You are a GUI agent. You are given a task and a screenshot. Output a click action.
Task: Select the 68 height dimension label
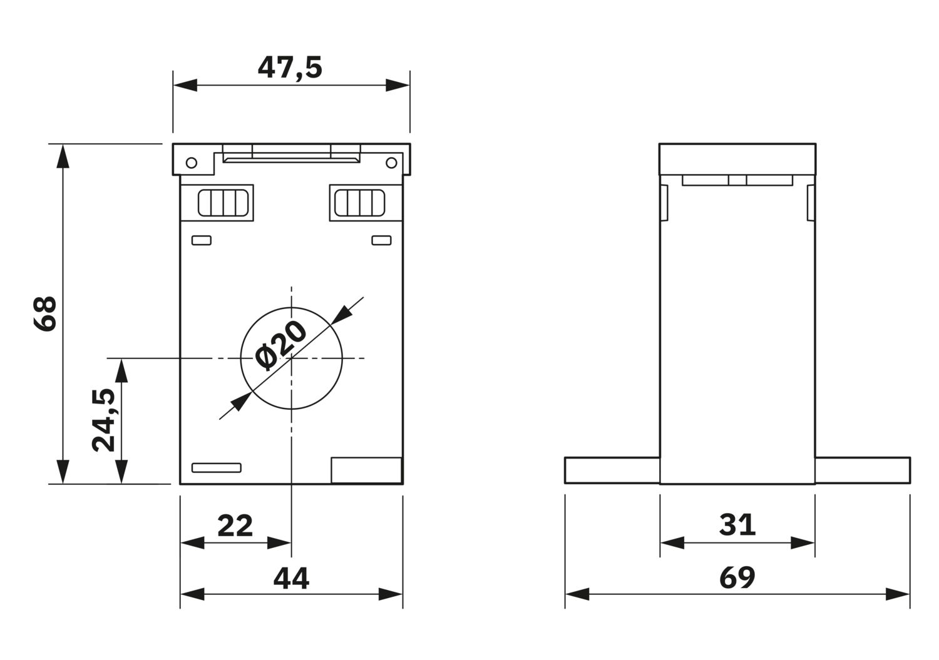coord(45,314)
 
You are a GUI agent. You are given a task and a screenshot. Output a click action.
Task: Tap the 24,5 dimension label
coord(103,420)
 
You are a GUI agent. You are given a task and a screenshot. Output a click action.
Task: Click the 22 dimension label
coord(235,525)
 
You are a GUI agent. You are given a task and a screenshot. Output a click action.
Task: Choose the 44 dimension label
coord(291,578)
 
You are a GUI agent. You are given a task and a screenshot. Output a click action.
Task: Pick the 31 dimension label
coord(737,525)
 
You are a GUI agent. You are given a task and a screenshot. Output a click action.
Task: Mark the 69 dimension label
coord(737,578)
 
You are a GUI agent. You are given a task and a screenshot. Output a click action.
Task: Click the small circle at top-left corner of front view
coord(191,163)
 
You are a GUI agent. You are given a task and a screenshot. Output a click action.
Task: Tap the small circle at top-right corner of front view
coord(391,163)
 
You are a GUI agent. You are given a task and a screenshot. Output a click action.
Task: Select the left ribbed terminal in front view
coord(223,203)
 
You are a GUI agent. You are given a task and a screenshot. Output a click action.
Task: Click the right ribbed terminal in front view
coord(360,203)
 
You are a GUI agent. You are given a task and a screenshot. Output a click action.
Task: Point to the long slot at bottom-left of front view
coord(217,468)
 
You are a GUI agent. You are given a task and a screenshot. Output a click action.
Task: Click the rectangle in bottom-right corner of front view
coord(367,470)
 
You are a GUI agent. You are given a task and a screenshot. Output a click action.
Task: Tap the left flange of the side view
coord(612,470)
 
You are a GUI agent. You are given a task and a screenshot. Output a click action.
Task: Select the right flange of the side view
coord(863,470)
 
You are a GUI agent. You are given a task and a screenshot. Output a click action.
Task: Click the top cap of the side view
coord(737,160)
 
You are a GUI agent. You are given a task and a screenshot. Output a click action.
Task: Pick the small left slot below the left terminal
coord(201,240)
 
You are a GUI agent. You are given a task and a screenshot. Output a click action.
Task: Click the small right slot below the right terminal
coord(381,240)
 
